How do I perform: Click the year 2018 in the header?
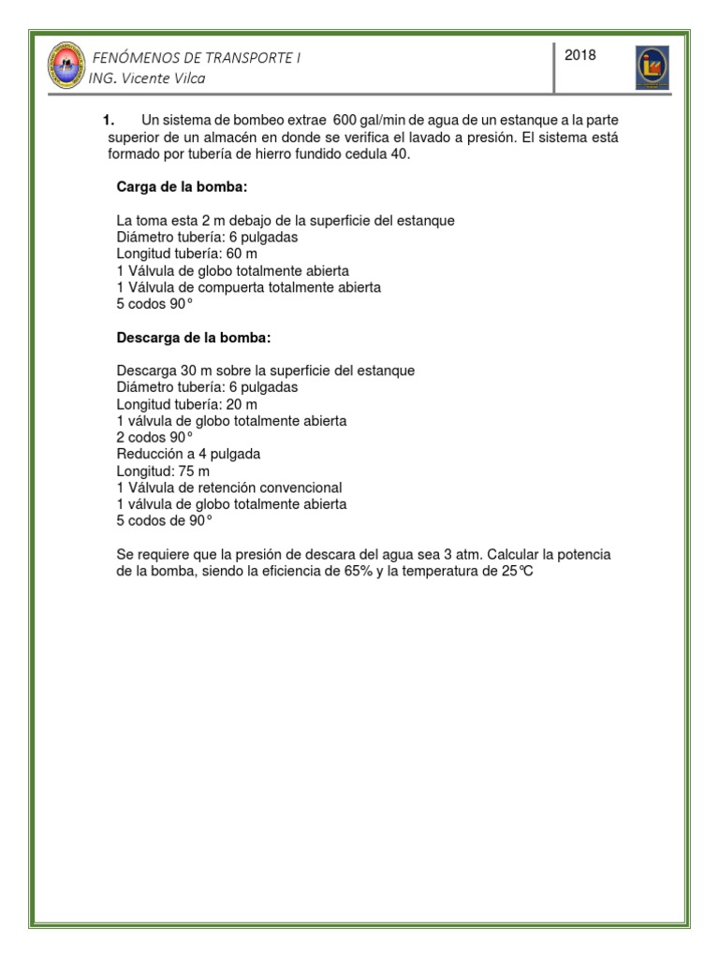coord(581,56)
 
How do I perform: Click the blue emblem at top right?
coord(653,67)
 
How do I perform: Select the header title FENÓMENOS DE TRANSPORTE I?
coord(196,57)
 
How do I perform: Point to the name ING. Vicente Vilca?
coord(147,79)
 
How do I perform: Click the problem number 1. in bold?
coord(108,121)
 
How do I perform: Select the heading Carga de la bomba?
coord(182,187)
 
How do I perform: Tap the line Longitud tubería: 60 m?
coord(186,254)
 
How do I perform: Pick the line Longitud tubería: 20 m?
coord(186,404)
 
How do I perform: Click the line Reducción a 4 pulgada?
coord(188,454)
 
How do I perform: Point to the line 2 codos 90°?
coord(154,438)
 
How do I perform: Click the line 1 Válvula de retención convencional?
coord(229,487)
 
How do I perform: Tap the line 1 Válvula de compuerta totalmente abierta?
coord(248,288)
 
